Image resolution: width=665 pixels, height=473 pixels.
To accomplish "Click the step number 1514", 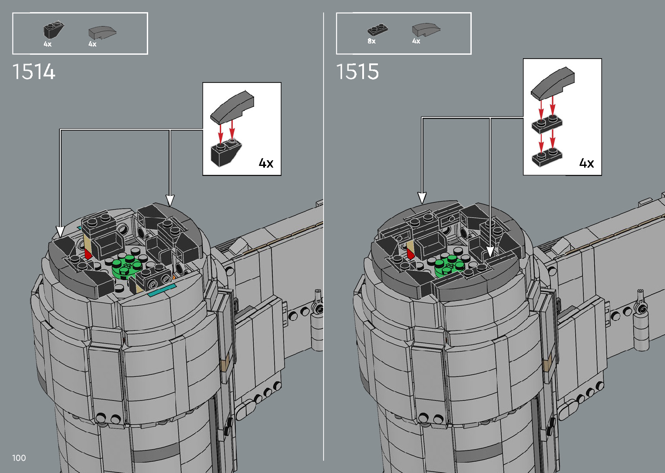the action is pyautogui.click(x=33, y=72).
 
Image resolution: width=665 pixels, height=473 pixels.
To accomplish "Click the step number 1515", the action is pyautogui.click(x=357, y=72).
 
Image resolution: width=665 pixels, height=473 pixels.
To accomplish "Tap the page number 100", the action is pyautogui.click(x=19, y=458).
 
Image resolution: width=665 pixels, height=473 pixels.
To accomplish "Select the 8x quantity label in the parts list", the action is pyautogui.click(x=371, y=41).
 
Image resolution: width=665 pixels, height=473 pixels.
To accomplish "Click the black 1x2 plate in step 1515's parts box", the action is pyautogui.click(x=377, y=30).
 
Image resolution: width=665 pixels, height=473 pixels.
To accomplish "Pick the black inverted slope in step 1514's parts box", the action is pyautogui.click(x=54, y=30).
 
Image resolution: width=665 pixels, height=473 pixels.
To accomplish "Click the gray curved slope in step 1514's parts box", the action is pyautogui.click(x=102, y=33).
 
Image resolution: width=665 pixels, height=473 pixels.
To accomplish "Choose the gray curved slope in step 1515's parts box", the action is pyautogui.click(x=426, y=30).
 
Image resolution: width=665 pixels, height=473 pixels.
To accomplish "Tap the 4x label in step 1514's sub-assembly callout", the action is pyautogui.click(x=266, y=163).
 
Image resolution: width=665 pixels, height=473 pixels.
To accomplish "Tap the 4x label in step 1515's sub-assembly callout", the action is pyautogui.click(x=586, y=163).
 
